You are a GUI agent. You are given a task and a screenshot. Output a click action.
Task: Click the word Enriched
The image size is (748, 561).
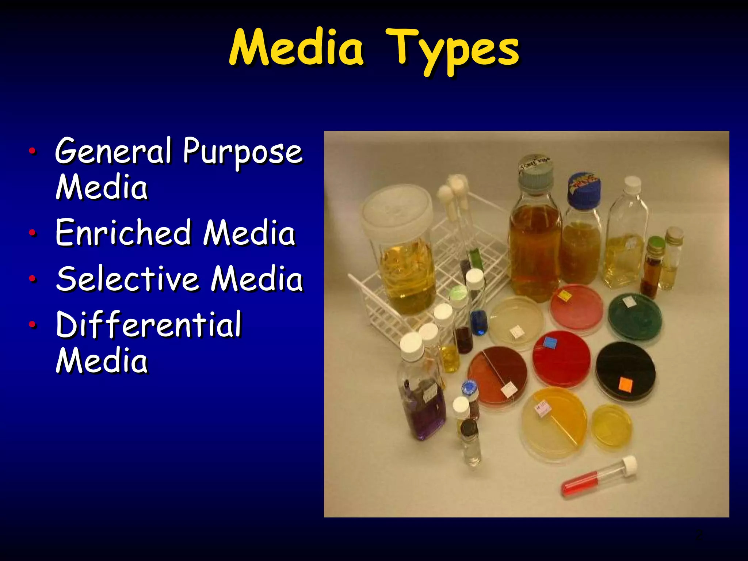[123, 233]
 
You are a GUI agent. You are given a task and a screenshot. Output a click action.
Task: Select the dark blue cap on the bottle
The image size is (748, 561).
[584, 190]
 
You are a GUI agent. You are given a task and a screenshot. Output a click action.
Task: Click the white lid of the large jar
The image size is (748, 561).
[397, 208]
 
